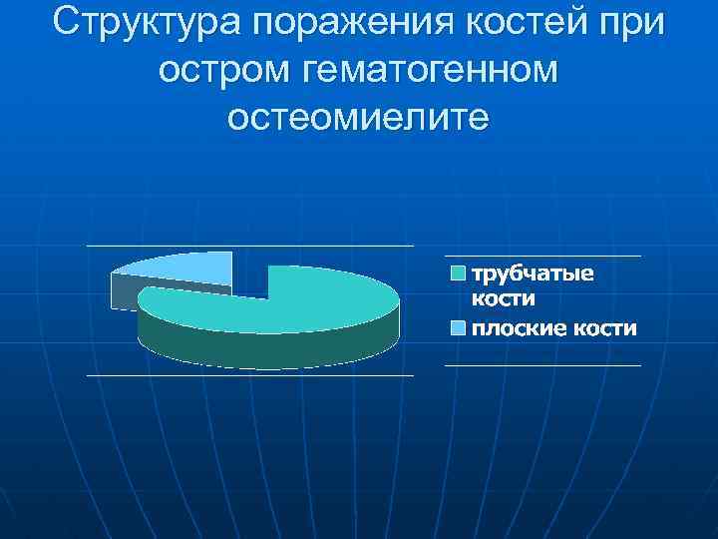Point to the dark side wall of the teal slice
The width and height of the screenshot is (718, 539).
(269, 349)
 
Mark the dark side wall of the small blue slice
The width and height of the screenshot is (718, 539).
(125, 291)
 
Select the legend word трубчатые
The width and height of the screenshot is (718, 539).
(532, 274)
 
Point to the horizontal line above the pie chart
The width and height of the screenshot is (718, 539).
(249, 246)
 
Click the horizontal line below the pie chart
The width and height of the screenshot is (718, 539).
(249, 375)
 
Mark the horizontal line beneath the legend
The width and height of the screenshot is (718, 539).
(541, 365)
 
